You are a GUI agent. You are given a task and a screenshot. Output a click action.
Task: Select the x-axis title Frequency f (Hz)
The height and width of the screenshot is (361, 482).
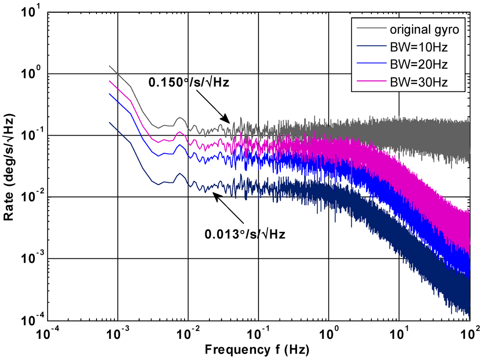click(x=257, y=350)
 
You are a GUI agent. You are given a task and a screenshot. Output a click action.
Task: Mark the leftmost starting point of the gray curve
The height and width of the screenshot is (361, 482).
click(x=110, y=66)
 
